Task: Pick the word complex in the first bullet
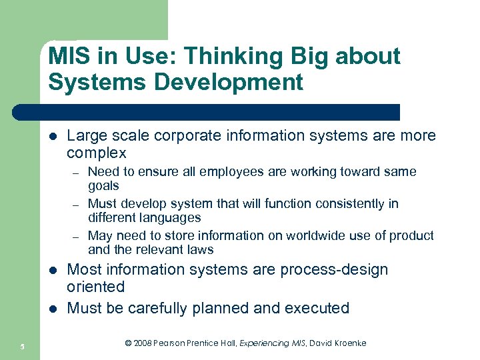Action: point(96,153)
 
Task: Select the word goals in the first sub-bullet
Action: point(103,186)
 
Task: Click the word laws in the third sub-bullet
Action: point(200,249)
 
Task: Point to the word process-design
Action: point(334,270)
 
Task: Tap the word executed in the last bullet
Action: point(317,308)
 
